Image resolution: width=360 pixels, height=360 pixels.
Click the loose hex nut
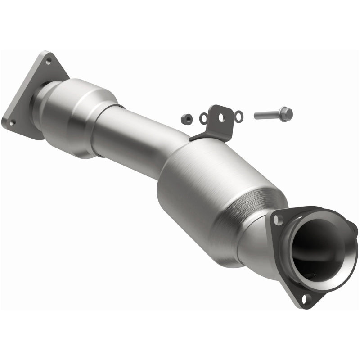coord(185,119)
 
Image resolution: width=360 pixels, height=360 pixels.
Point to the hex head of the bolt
coord(286,113)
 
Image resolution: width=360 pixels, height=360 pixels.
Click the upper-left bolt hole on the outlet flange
coord(279,220)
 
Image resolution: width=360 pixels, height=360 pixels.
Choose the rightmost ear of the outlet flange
coord(353,229)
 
